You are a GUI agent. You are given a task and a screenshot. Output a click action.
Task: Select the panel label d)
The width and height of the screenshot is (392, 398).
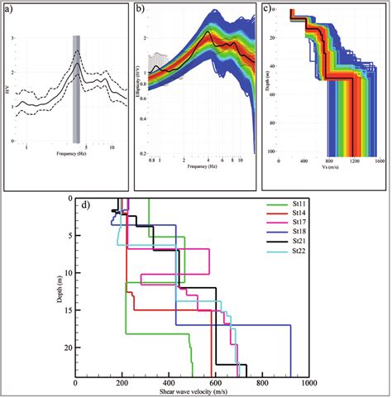[84, 205]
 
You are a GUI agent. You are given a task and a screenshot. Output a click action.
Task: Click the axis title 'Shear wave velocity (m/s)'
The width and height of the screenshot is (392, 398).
[192, 393]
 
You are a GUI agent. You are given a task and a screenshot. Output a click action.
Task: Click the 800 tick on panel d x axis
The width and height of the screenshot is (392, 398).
[262, 383]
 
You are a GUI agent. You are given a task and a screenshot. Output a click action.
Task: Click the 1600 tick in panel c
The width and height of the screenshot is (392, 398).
[376, 161]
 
